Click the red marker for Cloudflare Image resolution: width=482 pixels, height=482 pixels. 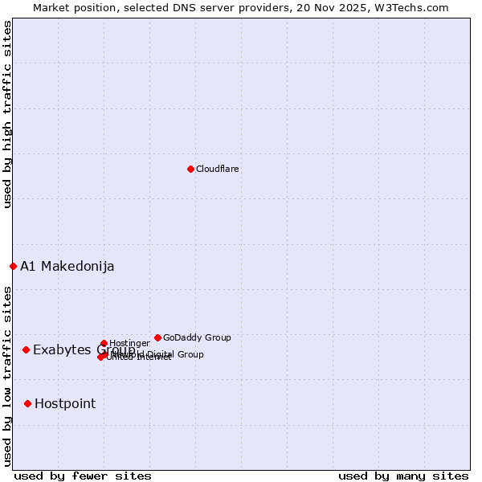(x=190, y=169)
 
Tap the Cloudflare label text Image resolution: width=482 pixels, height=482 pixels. (x=218, y=170)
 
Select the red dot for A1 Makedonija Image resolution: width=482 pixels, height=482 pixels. (x=13, y=266)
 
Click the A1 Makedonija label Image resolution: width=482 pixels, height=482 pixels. (x=67, y=267)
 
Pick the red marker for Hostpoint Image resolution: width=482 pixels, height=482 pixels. (x=27, y=403)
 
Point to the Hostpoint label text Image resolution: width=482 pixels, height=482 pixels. (x=65, y=404)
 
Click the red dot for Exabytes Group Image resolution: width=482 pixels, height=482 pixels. (x=26, y=349)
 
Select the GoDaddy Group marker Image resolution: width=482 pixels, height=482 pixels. (x=157, y=337)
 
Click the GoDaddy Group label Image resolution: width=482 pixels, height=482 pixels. (x=197, y=338)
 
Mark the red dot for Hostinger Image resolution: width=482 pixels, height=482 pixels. (x=104, y=343)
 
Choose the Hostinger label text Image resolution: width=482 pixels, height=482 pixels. (x=129, y=344)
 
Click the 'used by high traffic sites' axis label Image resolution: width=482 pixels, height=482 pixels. (x=7, y=114)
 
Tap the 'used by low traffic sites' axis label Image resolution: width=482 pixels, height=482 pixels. (x=7, y=376)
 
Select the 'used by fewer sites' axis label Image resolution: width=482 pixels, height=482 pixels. (x=84, y=476)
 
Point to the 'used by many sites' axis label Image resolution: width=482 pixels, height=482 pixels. (x=403, y=476)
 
